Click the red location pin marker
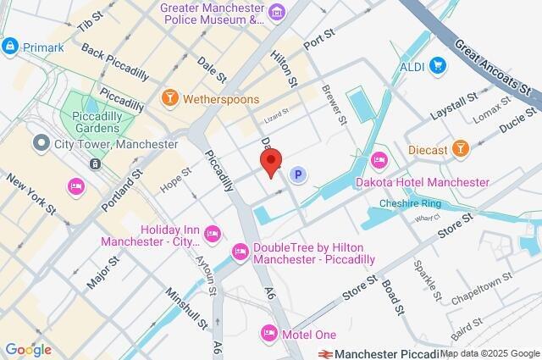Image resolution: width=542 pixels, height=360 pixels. click(271, 162)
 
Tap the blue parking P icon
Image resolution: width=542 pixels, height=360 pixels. click(297, 174)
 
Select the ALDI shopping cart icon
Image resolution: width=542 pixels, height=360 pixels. click(437, 64)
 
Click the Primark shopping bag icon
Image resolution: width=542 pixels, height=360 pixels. click(10, 47)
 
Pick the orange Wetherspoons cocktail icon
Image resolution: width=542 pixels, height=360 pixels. click(170, 97)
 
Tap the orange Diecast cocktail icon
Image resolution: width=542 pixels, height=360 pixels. click(461, 148)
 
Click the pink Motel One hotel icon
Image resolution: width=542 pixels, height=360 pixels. click(269, 334)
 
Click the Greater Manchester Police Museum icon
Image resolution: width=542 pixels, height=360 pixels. click(277, 14)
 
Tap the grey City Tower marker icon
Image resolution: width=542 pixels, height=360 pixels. click(40, 143)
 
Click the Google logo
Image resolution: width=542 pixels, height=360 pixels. click(28, 349)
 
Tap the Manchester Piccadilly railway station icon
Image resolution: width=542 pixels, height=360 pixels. click(324, 353)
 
